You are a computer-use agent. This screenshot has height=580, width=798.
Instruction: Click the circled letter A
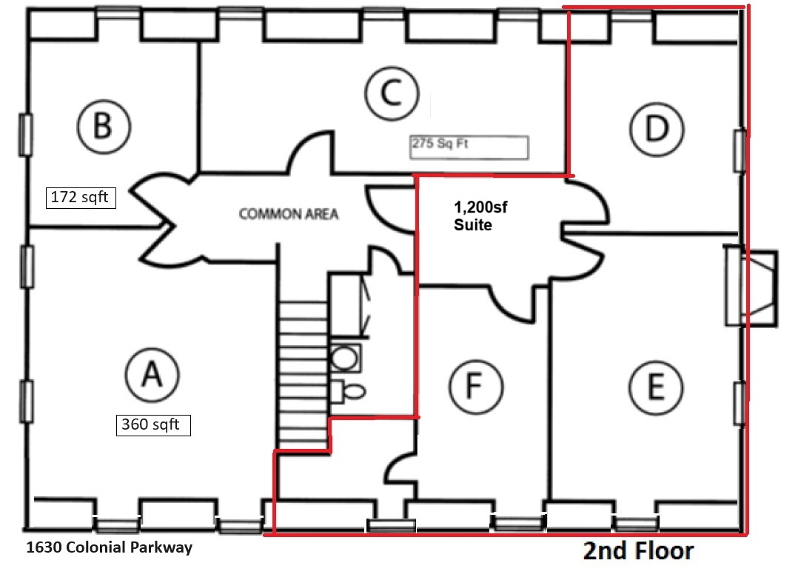pos(152,376)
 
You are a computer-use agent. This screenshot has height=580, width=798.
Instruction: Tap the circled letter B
pos(104,126)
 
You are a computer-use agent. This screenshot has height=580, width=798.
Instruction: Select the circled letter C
pos(392,93)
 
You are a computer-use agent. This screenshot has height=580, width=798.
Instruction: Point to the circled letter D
pos(657,128)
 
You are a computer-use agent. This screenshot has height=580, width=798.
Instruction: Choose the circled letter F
pos(476,386)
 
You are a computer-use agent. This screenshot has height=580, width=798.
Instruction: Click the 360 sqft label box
pos(154,424)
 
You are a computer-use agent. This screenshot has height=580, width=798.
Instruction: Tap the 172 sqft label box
pos(81,198)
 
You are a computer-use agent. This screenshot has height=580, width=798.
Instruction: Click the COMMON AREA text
pos(289,214)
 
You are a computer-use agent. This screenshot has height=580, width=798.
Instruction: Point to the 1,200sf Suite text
pos(480,216)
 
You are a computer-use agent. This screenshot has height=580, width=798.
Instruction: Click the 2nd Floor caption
pos(638,551)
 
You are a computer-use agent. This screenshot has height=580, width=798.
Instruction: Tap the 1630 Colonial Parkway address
pos(110,547)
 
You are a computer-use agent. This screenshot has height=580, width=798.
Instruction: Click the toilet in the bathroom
pos(348,391)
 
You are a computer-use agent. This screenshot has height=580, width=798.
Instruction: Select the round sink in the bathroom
pos(345,358)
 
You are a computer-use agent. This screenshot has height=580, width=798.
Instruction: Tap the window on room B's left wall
pos(26,134)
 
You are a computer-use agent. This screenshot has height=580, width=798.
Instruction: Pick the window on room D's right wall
pos(740,150)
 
